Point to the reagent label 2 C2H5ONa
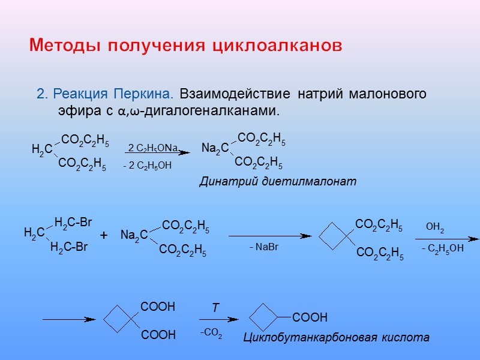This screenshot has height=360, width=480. point(154,148)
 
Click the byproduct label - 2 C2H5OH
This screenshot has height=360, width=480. point(147,166)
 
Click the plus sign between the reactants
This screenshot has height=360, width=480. point(103,236)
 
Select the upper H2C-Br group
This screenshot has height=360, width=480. point(73,223)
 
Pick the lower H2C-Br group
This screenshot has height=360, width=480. point(69,247)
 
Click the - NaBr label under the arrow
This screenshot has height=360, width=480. point(264,247)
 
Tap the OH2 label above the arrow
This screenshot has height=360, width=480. point(435,227)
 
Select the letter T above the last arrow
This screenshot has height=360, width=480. point(214,308)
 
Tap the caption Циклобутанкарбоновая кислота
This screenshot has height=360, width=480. point(336,338)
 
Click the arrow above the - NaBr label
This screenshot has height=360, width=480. point(270,236)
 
